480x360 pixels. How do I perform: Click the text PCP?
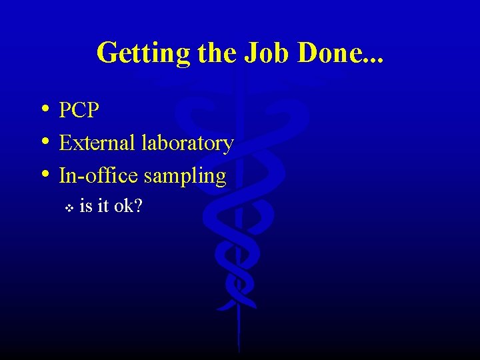(x=79, y=110)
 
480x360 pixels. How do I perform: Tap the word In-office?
(x=99, y=175)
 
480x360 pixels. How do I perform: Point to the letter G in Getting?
(x=106, y=52)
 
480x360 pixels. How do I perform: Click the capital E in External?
(x=65, y=143)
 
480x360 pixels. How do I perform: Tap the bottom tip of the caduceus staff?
(x=238, y=349)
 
